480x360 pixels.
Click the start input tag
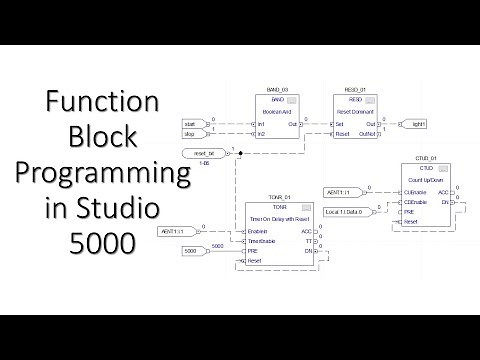click(193, 124)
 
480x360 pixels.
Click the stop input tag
click(193, 133)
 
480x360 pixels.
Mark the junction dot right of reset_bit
click(241, 152)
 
